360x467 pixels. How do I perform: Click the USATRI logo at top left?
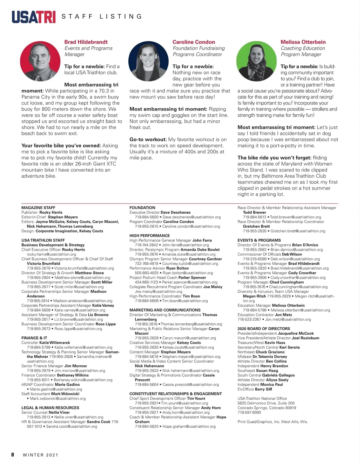point(34,17)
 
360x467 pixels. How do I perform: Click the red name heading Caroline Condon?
point(193,42)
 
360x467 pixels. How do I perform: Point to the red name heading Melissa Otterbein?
point(303,42)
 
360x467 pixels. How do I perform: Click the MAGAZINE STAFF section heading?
point(38,208)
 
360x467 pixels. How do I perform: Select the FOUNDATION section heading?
point(142,208)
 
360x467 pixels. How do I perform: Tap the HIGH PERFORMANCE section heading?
point(149,236)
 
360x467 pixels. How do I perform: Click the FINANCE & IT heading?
point(34,338)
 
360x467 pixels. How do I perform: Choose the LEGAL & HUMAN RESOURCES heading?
point(50,408)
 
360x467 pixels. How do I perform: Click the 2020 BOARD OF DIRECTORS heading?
point(264,329)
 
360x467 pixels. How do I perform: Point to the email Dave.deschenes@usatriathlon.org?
point(191,217)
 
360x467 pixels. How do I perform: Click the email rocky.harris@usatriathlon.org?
point(51,254)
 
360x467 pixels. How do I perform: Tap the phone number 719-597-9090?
point(249,412)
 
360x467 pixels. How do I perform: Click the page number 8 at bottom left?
point(13,455)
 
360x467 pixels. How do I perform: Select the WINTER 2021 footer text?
point(40,455)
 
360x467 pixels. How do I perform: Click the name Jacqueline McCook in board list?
point(295,333)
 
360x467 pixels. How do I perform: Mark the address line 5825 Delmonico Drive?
point(266,403)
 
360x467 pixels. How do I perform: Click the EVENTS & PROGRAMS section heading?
point(259,240)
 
